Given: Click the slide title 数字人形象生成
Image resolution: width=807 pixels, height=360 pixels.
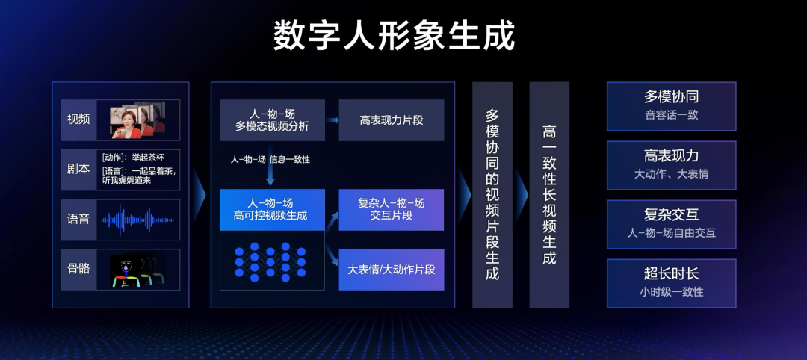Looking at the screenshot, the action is tap(394, 36).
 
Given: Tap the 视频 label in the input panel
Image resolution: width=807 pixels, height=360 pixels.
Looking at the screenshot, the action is tap(78, 120).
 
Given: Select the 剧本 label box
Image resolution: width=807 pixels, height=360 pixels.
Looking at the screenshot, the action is tap(78, 170).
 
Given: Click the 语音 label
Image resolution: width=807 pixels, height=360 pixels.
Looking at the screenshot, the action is tap(78, 220).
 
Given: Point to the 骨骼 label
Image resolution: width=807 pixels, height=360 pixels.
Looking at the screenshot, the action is tap(78, 269).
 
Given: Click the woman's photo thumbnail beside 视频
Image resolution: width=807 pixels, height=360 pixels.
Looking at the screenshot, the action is tap(137, 120).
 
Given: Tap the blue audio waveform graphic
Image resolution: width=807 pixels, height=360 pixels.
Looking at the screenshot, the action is tap(137, 220).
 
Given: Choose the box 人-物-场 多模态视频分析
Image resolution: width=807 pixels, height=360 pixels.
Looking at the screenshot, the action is tap(272, 120).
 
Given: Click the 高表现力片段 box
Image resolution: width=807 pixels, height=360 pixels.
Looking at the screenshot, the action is tap(391, 120).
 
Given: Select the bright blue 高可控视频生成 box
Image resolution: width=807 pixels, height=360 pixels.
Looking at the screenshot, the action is tap(272, 210).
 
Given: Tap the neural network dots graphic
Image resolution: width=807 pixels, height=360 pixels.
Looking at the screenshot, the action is tap(270, 262).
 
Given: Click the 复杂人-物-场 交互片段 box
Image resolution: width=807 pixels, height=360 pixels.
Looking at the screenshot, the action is tap(391, 210).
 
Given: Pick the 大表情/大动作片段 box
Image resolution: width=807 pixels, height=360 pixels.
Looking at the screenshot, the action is tap(391, 270).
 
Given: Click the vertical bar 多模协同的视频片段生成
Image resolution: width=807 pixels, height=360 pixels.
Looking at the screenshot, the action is tap(492, 195).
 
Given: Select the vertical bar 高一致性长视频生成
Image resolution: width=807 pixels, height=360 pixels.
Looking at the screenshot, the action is tap(549, 195).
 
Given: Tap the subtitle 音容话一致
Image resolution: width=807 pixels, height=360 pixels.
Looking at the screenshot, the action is tap(672, 115).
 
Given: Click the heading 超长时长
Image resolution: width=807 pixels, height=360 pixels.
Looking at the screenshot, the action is tap(672, 273).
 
